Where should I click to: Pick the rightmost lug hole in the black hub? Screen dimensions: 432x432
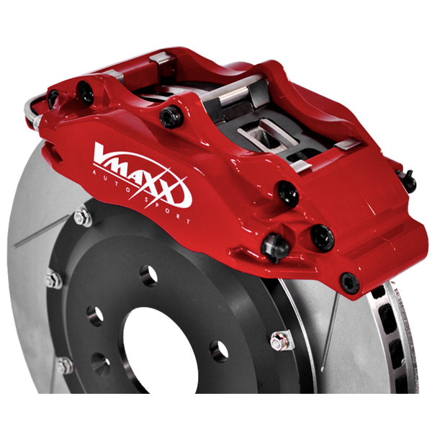pos(219,351)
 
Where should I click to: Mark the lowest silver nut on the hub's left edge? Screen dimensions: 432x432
pos(64,366)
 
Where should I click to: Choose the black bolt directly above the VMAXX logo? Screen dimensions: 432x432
pos(171,116)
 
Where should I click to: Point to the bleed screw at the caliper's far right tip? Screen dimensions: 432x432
pos(408,181)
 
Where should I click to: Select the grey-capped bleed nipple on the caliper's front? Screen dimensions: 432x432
pos(275,247)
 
